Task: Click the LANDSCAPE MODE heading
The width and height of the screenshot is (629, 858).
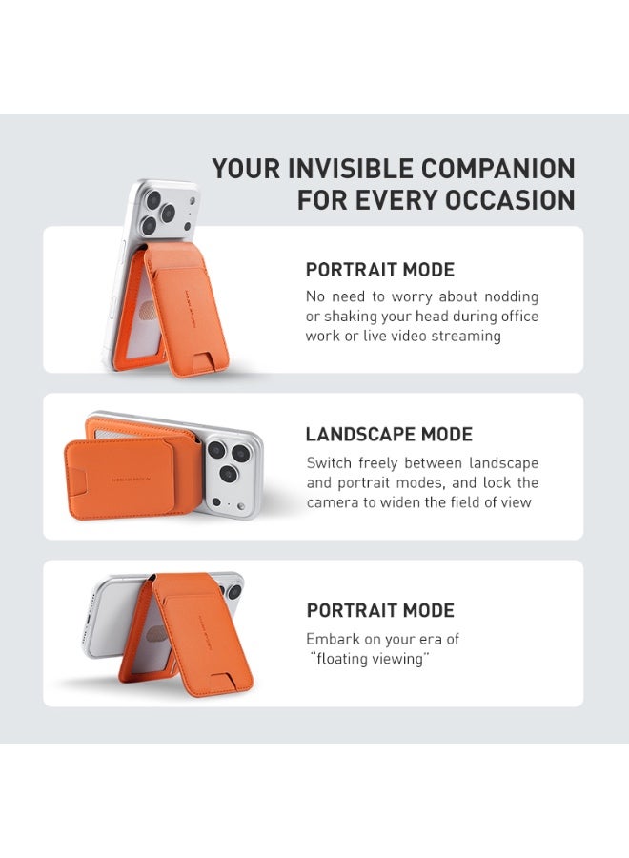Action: (389, 435)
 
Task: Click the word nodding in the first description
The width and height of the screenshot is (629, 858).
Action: (505, 296)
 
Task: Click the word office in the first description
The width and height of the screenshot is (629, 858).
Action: (513, 317)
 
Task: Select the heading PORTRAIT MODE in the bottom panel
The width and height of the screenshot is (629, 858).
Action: (380, 610)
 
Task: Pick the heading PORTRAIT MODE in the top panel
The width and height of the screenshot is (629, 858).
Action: (380, 270)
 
